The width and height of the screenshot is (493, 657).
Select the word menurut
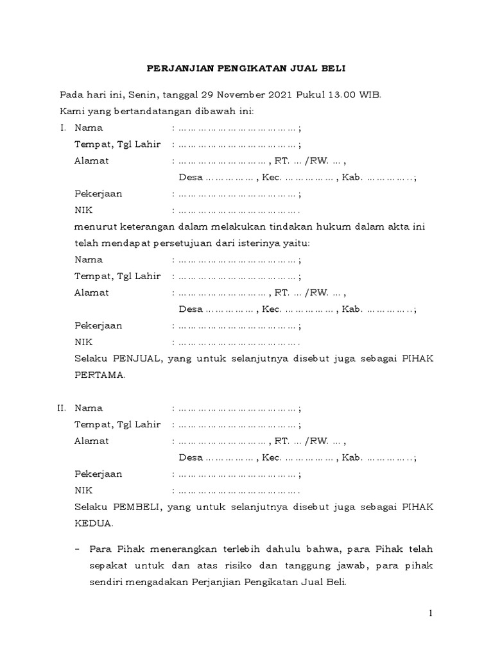click(92, 226)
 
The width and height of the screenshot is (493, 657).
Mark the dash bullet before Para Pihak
click(78, 549)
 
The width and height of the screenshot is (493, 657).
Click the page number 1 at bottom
click(432, 614)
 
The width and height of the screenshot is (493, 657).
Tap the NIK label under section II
click(83, 490)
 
